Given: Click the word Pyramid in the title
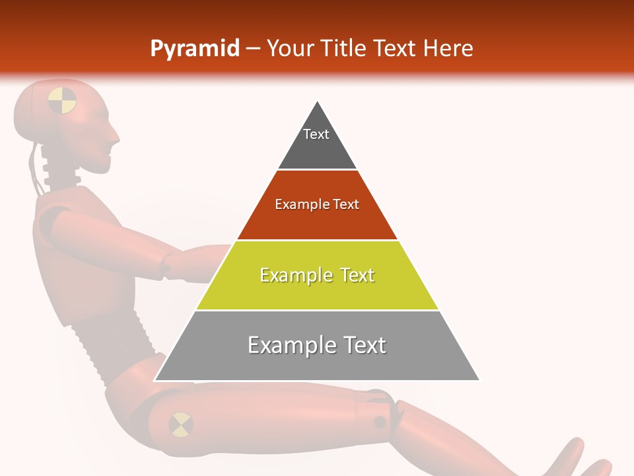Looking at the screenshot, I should pyautogui.click(x=194, y=49).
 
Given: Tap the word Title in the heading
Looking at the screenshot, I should pyautogui.click(x=345, y=49).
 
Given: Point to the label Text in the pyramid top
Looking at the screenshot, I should pyautogui.click(x=316, y=134).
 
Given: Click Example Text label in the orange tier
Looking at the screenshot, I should pyautogui.click(x=317, y=204).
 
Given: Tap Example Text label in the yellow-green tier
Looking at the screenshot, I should pyautogui.click(x=317, y=275).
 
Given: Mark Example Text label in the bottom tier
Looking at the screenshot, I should pyautogui.click(x=317, y=345).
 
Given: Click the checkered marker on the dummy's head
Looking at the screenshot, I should pyautogui.click(x=62, y=100).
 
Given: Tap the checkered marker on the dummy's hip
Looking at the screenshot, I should pyautogui.click(x=180, y=424).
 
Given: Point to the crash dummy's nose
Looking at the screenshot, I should pyautogui.click(x=115, y=136).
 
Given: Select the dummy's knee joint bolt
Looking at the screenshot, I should pyautogui.click(x=380, y=421).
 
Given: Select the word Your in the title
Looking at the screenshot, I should pyautogui.click(x=291, y=49).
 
